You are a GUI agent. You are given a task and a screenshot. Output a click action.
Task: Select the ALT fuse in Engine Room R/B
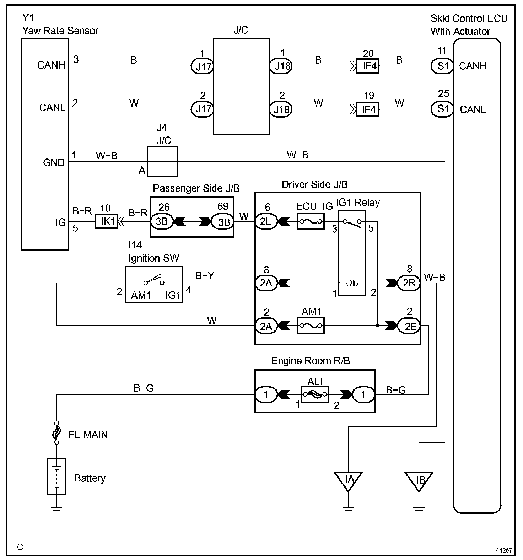315,394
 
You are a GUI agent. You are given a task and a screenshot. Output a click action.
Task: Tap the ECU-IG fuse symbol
311,222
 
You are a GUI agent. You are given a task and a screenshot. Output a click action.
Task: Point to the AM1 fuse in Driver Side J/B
311,325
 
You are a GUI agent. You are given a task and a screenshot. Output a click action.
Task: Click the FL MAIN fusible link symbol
56,432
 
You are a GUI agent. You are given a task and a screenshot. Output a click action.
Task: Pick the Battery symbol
56,476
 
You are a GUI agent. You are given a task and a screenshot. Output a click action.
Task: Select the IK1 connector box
107,222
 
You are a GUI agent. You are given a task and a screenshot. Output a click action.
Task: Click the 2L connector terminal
266,222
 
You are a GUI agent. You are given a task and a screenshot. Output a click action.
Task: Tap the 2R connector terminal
409,283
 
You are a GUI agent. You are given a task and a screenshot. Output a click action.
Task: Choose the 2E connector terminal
409,325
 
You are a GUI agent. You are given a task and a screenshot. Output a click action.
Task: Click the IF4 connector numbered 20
368,66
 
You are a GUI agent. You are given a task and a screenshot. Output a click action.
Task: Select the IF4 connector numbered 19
368,109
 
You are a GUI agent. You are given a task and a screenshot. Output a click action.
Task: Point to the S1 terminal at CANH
442,66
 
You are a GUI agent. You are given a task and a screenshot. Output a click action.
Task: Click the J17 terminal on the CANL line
203,108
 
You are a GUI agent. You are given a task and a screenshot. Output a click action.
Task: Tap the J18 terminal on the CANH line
281,66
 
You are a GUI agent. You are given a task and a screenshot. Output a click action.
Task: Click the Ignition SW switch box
154,285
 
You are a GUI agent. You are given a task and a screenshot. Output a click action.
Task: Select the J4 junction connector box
162,161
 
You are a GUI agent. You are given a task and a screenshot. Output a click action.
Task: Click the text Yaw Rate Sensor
60,31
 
